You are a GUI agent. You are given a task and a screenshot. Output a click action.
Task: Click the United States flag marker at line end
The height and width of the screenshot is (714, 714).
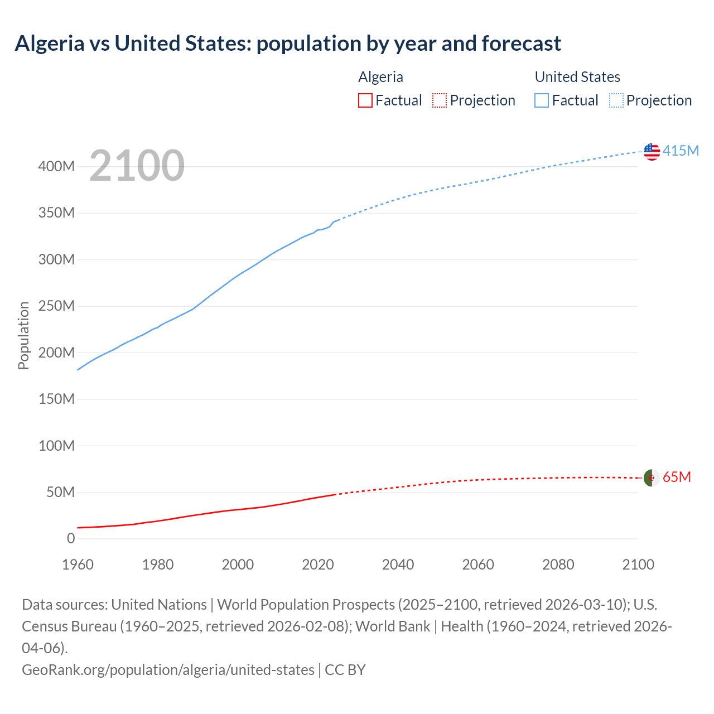tap(652, 151)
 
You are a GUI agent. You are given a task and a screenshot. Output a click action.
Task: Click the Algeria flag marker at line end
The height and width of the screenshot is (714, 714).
tap(652, 478)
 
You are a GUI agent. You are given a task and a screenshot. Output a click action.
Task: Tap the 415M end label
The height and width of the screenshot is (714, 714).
tap(681, 151)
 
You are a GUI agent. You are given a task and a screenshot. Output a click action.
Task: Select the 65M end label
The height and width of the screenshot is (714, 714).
tap(677, 477)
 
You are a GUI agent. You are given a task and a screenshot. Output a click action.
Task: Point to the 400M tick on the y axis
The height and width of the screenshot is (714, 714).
tap(56, 167)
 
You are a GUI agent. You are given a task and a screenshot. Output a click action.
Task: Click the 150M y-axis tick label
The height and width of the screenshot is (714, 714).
tap(56, 399)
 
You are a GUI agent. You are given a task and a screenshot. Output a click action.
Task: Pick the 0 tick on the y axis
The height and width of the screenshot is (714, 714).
tap(71, 539)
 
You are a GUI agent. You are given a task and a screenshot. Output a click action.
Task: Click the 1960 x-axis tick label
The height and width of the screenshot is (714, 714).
tap(78, 565)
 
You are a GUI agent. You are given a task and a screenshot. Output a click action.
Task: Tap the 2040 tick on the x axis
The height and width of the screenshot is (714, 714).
tap(398, 565)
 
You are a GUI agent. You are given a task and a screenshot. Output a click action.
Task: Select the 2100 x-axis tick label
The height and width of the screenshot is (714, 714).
tap(638, 565)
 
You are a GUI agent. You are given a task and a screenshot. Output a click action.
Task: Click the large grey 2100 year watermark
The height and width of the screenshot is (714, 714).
tap(137, 166)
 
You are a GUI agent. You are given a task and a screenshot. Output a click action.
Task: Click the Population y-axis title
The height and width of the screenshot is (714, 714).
tap(23, 335)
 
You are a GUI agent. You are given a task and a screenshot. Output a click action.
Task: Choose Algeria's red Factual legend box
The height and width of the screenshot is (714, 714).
tap(365, 100)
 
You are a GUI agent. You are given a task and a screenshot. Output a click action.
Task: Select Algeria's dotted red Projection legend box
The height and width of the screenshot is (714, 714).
tap(440, 100)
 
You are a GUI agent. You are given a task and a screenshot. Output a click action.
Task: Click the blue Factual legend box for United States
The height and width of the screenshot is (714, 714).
tap(541, 100)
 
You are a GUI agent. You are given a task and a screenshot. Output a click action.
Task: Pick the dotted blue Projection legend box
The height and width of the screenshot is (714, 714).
tap(616, 100)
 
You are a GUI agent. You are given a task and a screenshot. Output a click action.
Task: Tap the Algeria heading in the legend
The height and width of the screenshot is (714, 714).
tap(380, 77)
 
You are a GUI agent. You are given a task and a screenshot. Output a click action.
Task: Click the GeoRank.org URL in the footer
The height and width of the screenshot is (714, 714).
tap(168, 670)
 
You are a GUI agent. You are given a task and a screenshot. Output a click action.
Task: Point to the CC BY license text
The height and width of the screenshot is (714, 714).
tap(345, 670)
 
